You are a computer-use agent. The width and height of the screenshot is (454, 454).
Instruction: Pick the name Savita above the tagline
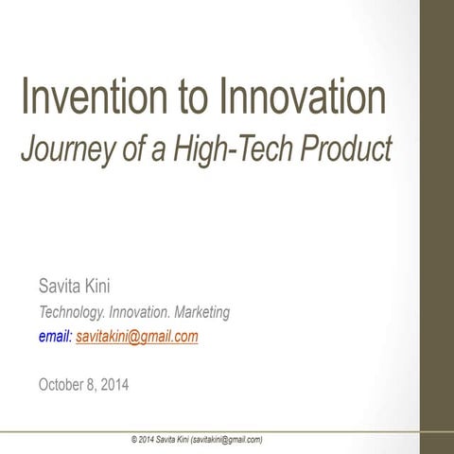click(x=59, y=285)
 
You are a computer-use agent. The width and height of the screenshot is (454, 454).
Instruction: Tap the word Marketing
click(x=196, y=311)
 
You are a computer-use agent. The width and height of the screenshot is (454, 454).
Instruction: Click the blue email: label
click(x=55, y=336)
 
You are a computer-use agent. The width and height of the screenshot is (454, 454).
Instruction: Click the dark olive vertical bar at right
click(x=437, y=227)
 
